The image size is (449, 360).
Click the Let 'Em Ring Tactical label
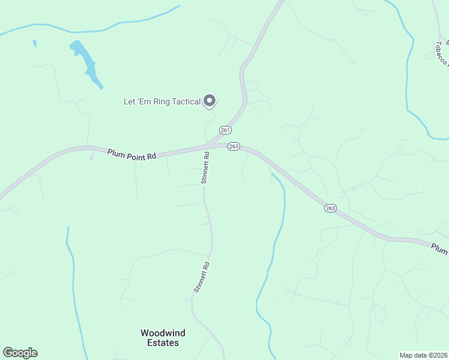click(x=161, y=101)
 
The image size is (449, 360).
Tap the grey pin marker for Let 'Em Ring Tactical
click(x=209, y=101)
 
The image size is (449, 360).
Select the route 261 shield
click(x=225, y=130)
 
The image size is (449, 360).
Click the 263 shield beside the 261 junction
click(x=234, y=146)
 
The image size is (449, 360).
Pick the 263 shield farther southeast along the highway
click(x=330, y=208)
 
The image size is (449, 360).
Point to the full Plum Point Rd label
click(x=131, y=154)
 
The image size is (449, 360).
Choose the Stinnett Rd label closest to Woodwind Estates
click(x=201, y=277)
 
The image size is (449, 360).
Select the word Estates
click(x=163, y=343)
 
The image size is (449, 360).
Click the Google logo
click(x=20, y=353)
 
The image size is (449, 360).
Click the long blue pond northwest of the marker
click(x=86, y=62)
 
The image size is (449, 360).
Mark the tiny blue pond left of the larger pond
click(x=35, y=43)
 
